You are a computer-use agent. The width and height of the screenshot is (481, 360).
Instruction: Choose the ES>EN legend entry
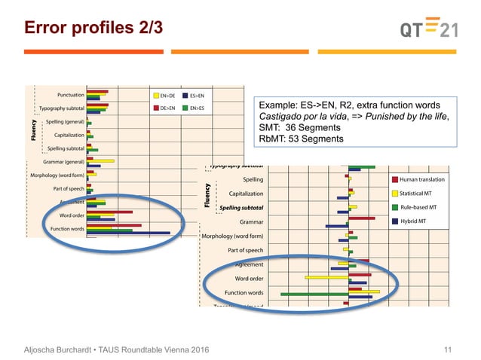(200, 96)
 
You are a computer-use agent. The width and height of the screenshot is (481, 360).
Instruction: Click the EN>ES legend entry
(200, 109)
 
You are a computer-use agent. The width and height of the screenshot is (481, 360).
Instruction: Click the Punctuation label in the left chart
(70, 95)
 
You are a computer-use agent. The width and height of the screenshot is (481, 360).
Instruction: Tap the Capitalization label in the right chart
(240, 194)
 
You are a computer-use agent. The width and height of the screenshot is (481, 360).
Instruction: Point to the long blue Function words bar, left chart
(128, 233)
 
